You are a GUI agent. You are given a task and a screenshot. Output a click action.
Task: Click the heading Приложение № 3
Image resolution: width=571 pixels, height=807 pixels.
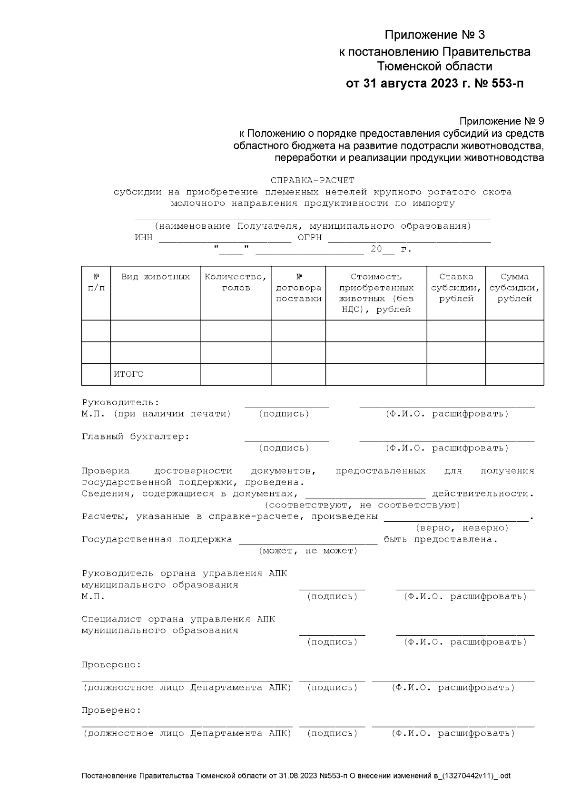pos(434,35)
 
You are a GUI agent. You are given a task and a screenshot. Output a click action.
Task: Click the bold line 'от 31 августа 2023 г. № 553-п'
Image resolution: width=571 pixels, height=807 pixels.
pos(434,84)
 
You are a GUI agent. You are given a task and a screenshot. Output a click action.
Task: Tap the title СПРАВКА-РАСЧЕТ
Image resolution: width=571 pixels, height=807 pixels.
pos(313,181)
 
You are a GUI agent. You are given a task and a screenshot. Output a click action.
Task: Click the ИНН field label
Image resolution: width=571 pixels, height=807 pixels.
pos(144,238)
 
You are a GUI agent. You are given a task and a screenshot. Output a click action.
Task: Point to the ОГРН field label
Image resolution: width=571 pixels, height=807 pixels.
pos(310,238)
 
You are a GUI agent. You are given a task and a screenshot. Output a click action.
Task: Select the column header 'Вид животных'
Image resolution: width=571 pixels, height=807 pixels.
pos(155,277)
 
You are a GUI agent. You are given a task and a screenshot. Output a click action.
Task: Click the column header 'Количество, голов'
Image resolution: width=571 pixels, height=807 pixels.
pos(236,282)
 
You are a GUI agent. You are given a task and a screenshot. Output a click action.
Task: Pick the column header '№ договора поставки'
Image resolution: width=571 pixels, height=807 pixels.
pos(299,288)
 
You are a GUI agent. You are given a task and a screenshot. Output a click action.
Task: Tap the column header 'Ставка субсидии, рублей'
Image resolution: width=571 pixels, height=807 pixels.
pos(456,288)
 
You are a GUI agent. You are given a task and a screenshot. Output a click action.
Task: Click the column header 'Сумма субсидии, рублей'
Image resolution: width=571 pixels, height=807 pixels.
pos(514,288)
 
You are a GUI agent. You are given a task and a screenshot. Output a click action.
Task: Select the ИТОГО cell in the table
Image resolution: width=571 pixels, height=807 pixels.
pos(128,374)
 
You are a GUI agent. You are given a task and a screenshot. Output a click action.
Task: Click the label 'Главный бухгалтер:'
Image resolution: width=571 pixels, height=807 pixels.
pos(136,437)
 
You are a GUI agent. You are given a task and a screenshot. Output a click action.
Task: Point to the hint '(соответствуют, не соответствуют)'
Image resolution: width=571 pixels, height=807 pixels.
pos(362,505)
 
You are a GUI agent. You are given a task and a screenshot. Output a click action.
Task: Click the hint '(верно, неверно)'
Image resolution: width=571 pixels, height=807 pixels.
pos(462,528)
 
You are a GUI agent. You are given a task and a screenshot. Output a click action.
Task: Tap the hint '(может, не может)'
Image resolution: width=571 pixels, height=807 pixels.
pos(308,551)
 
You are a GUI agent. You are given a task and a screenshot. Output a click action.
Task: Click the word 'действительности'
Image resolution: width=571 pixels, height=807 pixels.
pos(482,494)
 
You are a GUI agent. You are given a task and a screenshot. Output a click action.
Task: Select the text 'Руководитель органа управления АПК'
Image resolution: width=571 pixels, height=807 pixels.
pos(184,574)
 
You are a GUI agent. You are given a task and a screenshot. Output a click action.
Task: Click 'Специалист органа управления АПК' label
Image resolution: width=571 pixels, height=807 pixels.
pos(178,619)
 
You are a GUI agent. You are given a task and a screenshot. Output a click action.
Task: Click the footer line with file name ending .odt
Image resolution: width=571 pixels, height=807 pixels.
pos(296,776)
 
